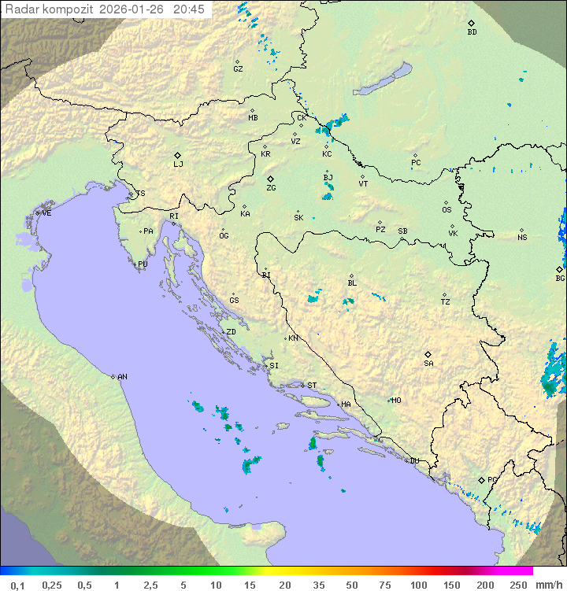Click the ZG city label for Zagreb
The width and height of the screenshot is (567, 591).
click(x=271, y=188)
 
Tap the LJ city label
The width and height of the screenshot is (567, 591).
click(x=178, y=164)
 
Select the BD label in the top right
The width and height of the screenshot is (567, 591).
click(x=472, y=32)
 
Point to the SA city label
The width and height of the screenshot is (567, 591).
click(x=428, y=364)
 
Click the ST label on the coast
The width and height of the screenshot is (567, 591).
click(x=312, y=386)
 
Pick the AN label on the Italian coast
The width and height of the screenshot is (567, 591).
click(x=122, y=377)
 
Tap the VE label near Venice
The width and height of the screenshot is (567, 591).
click(x=46, y=213)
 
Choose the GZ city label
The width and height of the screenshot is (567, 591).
click(x=238, y=69)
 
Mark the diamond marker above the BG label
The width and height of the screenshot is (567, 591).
click(x=560, y=269)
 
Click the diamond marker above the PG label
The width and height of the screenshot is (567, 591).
click(x=481, y=479)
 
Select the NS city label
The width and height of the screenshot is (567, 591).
click(x=522, y=238)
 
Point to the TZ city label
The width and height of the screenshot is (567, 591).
click(x=446, y=302)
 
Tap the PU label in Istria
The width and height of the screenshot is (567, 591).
click(x=143, y=264)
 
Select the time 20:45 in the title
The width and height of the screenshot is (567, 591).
click(x=189, y=9)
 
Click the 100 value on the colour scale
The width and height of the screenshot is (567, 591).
click(x=418, y=585)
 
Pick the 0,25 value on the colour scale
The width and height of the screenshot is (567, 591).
click(x=52, y=585)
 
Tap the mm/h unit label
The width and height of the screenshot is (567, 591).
click(x=548, y=585)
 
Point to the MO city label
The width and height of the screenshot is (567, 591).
click(x=396, y=401)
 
